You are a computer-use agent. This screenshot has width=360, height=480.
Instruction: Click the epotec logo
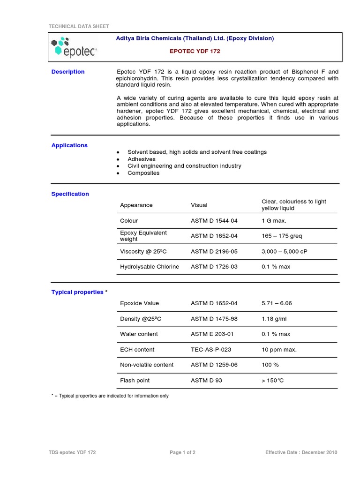pos(74,47)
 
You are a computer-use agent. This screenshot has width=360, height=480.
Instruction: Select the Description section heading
pos(68,72)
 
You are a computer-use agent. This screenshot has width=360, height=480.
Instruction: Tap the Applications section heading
pos(69,145)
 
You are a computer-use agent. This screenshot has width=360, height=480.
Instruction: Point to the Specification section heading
pos(70,194)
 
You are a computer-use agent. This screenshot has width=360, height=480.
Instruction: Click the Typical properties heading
pos(77,292)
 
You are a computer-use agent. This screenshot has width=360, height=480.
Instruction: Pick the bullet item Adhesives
pos(142,159)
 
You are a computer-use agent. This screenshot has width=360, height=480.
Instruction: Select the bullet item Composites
pos(143,173)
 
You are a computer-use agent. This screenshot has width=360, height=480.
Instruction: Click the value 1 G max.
pos(274,221)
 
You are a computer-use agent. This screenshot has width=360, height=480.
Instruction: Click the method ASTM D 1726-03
pos(214,267)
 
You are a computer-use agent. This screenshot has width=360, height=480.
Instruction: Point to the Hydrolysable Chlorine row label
pos(150,267)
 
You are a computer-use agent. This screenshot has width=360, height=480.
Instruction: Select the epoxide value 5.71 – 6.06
pos(277,303)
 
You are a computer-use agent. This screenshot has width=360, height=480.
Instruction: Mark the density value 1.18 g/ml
pos(275,319)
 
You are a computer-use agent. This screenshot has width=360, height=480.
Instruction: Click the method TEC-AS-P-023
pos(211,350)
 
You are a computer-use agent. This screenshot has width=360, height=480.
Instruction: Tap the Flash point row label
pos(135,380)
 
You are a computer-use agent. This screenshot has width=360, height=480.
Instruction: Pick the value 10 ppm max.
pos(279,350)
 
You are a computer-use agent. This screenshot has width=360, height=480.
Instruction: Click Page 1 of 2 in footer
pos(183,452)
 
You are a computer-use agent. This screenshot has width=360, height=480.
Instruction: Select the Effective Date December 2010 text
pos(301,452)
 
